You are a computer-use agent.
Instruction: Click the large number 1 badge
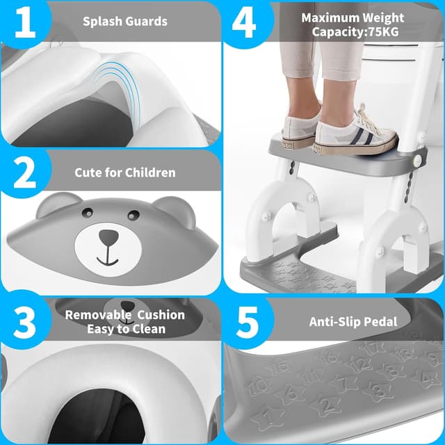coord(23,22)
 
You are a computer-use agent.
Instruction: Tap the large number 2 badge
coord(24,174)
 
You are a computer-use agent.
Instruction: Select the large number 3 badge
coord(24,321)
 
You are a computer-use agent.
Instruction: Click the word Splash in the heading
coord(100,21)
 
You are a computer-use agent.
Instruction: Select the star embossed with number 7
coord(340,382)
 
